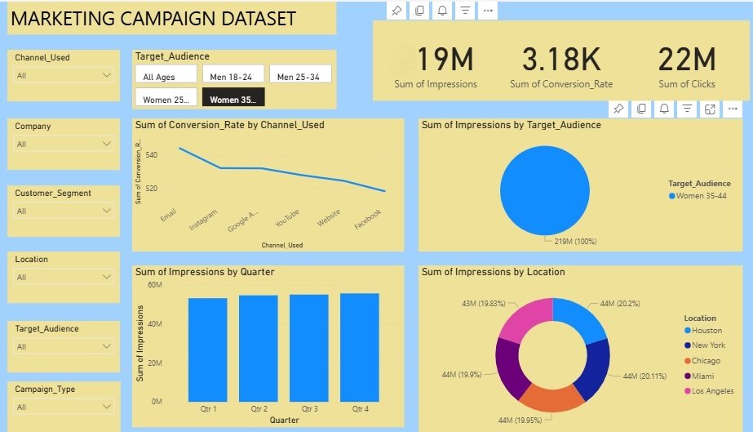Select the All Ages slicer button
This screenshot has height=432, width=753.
point(166,77)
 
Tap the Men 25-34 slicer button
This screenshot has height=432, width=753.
point(299,77)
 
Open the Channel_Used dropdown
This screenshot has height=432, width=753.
point(64,75)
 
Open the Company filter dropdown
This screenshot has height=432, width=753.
point(64,144)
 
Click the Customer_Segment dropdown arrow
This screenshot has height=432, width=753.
point(106,211)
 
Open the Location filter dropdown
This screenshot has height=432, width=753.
point(64,277)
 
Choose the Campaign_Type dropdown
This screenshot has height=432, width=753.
point(64,407)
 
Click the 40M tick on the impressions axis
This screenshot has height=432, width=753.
point(154,324)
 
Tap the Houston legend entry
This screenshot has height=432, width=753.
point(706,331)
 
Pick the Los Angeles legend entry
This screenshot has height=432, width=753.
point(712,391)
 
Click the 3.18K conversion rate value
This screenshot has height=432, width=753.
point(560,60)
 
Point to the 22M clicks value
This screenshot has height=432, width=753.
point(686,60)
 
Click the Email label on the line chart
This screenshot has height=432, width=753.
point(169,216)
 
